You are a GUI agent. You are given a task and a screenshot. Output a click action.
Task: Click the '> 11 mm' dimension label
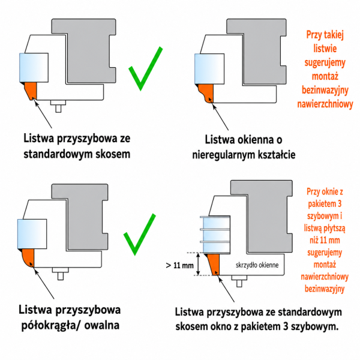(x=179, y=265)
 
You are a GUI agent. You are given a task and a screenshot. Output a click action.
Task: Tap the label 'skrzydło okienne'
(x=257, y=265)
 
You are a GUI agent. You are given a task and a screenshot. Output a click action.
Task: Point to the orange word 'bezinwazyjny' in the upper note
(x=325, y=90)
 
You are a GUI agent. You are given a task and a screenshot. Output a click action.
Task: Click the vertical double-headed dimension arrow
(x=199, y=264)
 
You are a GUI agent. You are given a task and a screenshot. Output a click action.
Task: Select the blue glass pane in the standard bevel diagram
(x=34, y=68)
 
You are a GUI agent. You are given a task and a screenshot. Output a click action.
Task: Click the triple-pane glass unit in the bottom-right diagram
(x=215, y=234)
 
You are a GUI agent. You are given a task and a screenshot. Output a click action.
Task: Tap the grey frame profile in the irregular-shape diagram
(x=259, y=52)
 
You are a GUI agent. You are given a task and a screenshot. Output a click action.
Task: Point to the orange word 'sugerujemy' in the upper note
(x=325, y=62)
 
